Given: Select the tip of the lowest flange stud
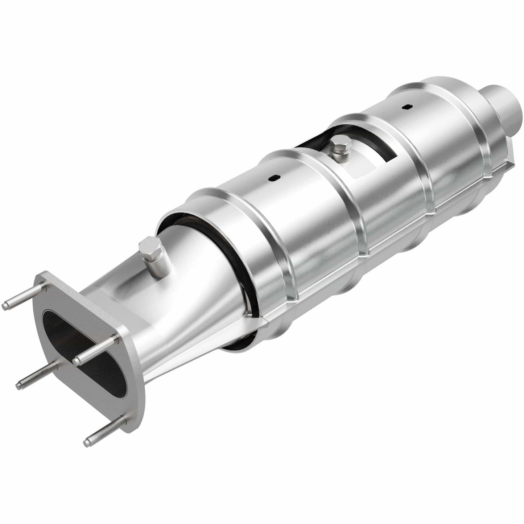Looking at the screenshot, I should (x=87, y=442).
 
